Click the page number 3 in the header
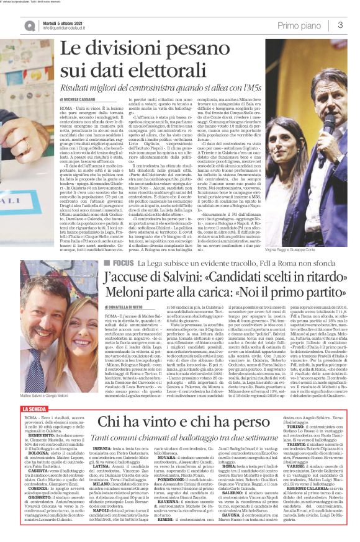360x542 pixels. tap(340, 24)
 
